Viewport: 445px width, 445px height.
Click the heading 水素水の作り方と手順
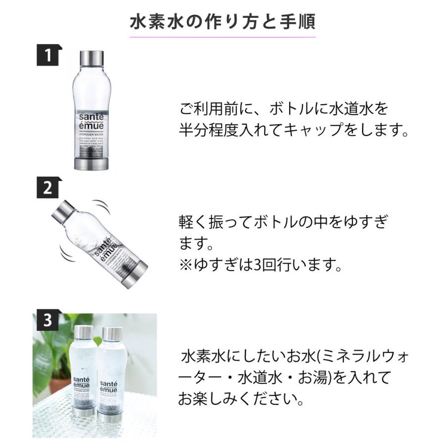(222, 22)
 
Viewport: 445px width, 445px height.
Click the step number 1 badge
(48, 55)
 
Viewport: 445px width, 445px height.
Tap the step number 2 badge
(48, 188)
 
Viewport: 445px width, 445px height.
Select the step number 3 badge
(47, 321)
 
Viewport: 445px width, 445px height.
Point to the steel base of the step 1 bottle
(91, 163)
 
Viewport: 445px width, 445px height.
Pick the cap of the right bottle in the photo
(112, 334)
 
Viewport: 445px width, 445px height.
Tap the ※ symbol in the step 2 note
(187, 266)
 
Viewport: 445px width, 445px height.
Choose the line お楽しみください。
(241, 399)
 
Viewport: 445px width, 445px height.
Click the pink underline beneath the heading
(222, 37)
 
